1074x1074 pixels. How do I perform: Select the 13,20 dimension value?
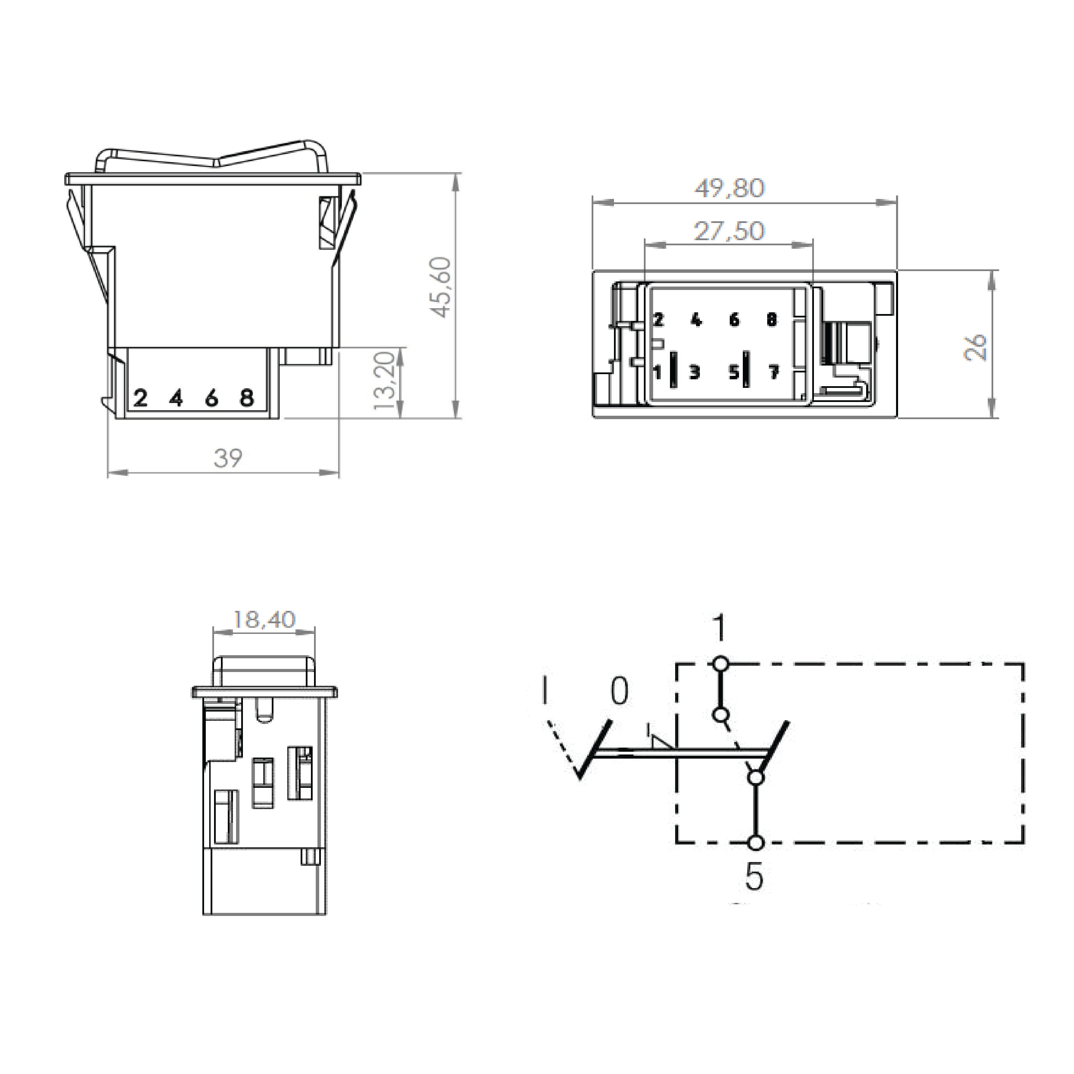(x=385, y=381)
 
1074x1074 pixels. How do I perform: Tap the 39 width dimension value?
(x=228, y=459)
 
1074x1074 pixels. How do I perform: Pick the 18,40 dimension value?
(x=264, y=619)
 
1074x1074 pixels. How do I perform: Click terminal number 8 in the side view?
(x=247, y=398)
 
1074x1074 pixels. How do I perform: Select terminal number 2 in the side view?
(x=140, y=398)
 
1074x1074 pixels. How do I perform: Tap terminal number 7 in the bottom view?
(x=773, y=371)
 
